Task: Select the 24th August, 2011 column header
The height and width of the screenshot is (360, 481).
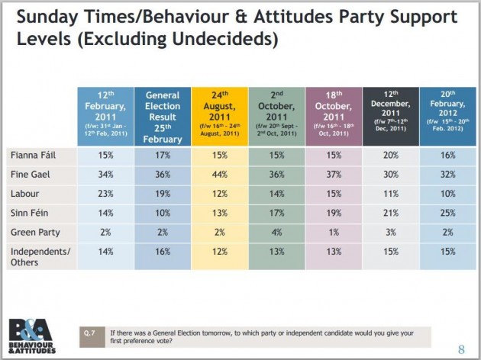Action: [x=219, y=115]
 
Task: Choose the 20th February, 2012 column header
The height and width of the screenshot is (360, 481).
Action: [x=447, y=115]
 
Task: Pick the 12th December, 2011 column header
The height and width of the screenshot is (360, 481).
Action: [x=390, y=115]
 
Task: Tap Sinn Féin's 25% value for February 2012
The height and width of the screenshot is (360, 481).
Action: [x=447, y=213]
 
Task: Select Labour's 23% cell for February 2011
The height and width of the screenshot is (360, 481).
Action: [x=105, y=194]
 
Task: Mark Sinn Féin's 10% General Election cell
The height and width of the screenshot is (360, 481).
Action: [x=162, y=213]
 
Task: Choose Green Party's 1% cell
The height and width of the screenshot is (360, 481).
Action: [x=333, y=232]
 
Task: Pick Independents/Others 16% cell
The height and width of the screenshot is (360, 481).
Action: [x=162, y=251]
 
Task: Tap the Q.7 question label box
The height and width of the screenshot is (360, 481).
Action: [x=89, y=333]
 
